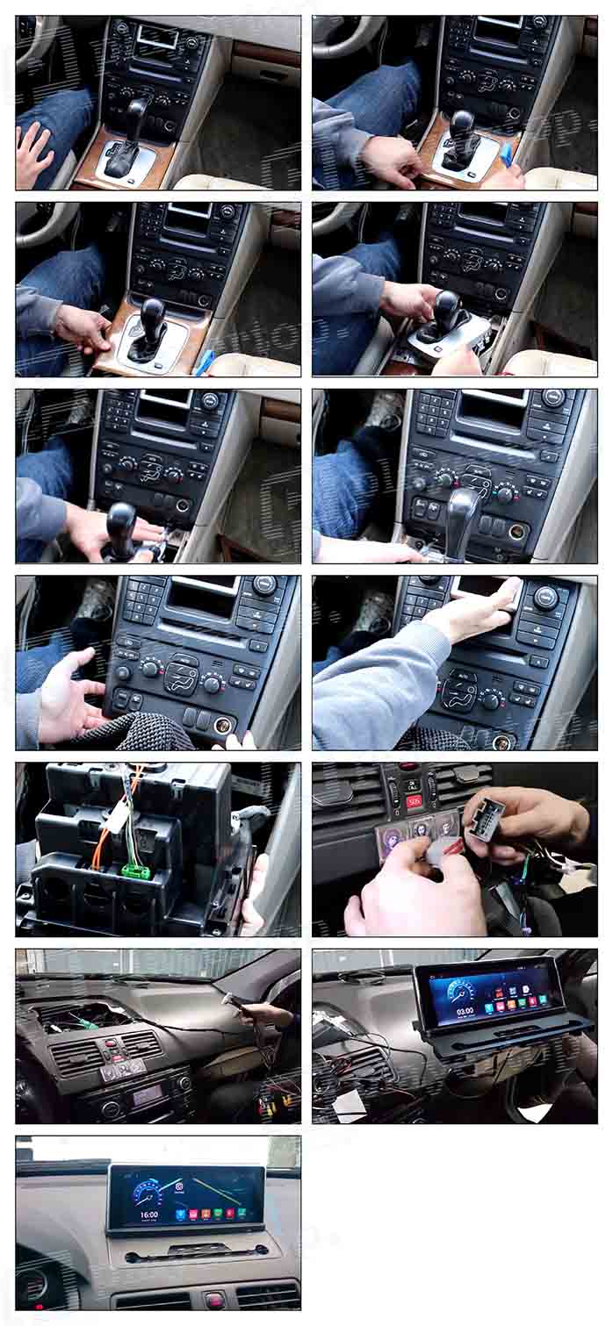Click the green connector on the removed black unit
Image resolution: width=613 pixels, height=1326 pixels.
click(x=133, y=871)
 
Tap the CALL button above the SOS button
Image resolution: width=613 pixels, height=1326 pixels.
click(x=412, y=785)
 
